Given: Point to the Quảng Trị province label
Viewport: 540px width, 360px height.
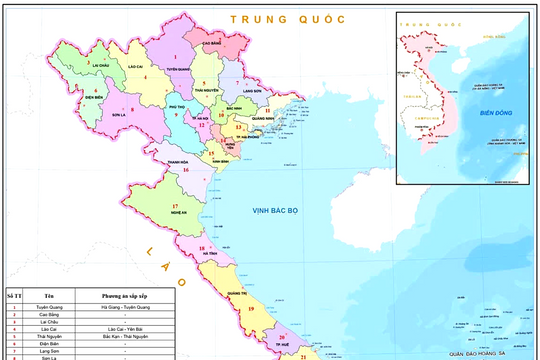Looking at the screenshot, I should click(237, 292).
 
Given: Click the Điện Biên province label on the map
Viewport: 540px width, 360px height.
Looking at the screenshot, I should click(94, 98).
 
